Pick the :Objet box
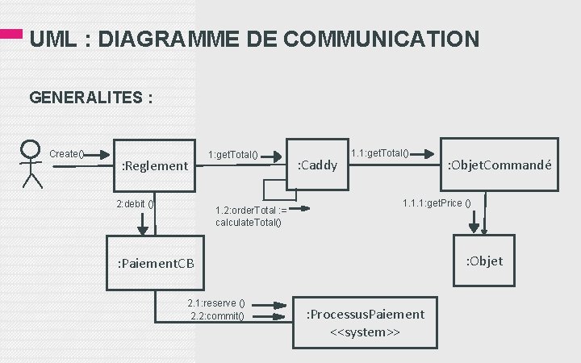(485, 260)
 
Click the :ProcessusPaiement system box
(366, 322)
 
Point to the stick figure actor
(31, 164)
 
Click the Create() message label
(68, 154)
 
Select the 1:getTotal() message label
(232, 154)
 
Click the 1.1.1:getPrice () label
(437, 202)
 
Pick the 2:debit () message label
(135, 203)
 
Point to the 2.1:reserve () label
(215, 303)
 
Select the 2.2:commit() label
(217, 315)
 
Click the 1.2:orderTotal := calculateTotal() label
(250, 216)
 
